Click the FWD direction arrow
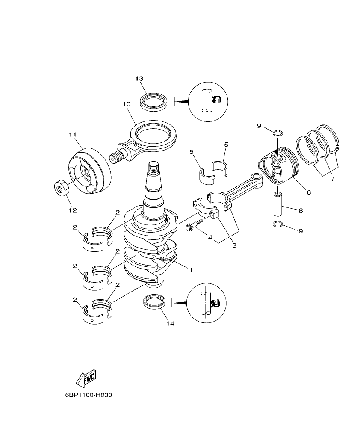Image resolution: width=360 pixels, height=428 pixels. click(x=86, y=378)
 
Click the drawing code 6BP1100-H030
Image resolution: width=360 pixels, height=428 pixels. click(x=89, y=396)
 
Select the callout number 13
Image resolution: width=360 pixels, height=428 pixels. click(x=139, y=79)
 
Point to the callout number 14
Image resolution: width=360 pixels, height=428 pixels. click(x=170, y=323)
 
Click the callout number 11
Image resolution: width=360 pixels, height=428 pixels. click(x=72, y=135)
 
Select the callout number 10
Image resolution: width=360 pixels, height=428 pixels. click(x=126, y=104)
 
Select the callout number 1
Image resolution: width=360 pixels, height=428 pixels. click(x=191, y=270)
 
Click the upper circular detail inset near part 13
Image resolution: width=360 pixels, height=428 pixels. click(x=208, y=100)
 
